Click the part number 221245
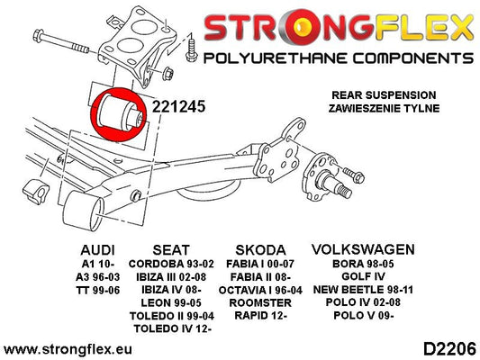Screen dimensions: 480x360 click(179, 107)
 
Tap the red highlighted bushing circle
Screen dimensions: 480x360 click(119, 114)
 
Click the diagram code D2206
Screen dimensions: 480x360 click(449, 349)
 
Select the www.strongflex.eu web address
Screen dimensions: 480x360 click(68, 349)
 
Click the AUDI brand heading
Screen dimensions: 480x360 click(97, 250)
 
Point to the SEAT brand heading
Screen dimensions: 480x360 click(171, 250)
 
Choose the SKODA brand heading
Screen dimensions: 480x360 click(260, 250)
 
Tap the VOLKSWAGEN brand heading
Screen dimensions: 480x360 click(363, 249)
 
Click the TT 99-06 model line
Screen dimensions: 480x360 click(97, 290)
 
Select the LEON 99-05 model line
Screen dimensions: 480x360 click(171, 302)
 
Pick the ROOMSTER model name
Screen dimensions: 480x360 click(260, 302)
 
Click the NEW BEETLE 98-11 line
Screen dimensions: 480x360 click(363, 289)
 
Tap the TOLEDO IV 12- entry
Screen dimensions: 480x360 click(172, 328)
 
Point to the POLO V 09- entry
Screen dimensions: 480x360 click(363, 315)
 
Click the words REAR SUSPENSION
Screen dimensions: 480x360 click(384, 95)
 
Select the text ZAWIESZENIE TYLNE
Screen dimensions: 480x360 click(384, 108)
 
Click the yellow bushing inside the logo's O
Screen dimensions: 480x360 click(303, 28)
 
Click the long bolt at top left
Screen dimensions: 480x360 click(60, 42)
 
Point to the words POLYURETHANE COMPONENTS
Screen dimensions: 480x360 click(339, 58)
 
